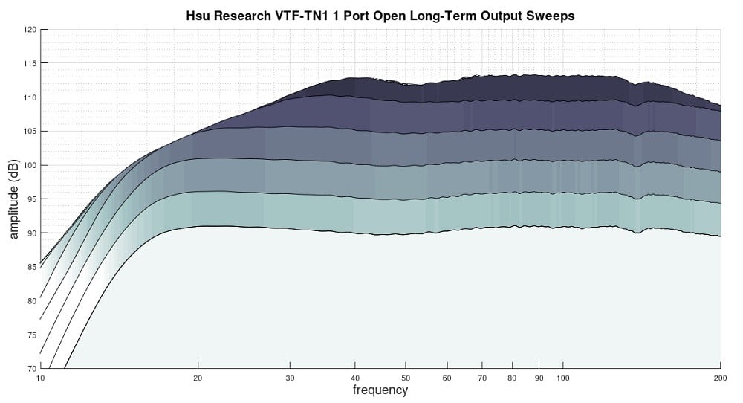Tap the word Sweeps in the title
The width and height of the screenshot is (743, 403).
coord(553,16)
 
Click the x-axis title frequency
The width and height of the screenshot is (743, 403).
coord(380,390)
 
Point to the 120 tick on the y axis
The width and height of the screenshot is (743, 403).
coord(30,30)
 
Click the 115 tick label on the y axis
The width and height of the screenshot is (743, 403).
coord(30,63)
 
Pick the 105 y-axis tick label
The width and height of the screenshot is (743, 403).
coord(30,131)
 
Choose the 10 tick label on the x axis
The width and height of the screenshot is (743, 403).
coord(41,378)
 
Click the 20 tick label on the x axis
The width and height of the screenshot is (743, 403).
coord(198,378)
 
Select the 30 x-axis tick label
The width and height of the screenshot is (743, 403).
coord(290,378)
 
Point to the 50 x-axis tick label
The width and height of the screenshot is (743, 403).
coord(406,378)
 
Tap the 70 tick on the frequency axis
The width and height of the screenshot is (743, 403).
coord(482,378)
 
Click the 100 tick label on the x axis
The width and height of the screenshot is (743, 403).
coord(562,378)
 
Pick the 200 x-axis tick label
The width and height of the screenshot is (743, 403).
coord(720,378)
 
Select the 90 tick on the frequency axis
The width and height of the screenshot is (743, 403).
coord(539,378)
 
